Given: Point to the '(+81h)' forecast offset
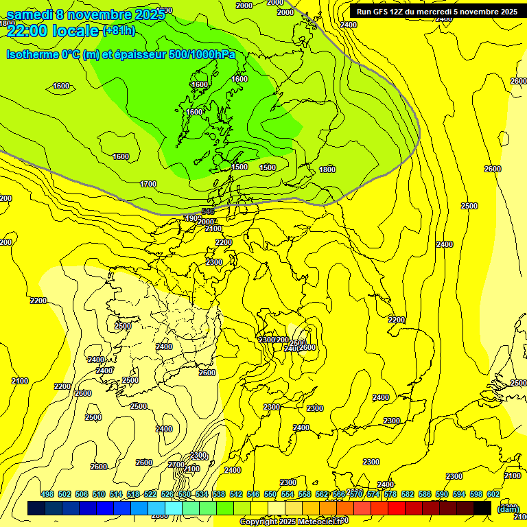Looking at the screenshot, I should pos(119,31).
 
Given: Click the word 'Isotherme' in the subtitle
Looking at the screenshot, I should pos(32,54).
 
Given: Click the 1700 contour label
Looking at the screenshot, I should pos(148,184).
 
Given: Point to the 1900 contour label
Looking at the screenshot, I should pos(194,218).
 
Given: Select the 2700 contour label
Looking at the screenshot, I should pos(176,465).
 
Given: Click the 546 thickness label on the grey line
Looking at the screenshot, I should pos(209,211).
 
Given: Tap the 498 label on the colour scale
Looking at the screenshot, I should pos(47,494).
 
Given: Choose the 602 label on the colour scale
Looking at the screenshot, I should pos(493,494).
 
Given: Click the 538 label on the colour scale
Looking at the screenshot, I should pos(218,494).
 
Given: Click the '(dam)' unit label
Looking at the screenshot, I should pos(508,509).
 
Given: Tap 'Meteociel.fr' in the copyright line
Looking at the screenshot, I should pos(322,522).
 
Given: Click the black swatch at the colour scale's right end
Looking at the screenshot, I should pos(483,508).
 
